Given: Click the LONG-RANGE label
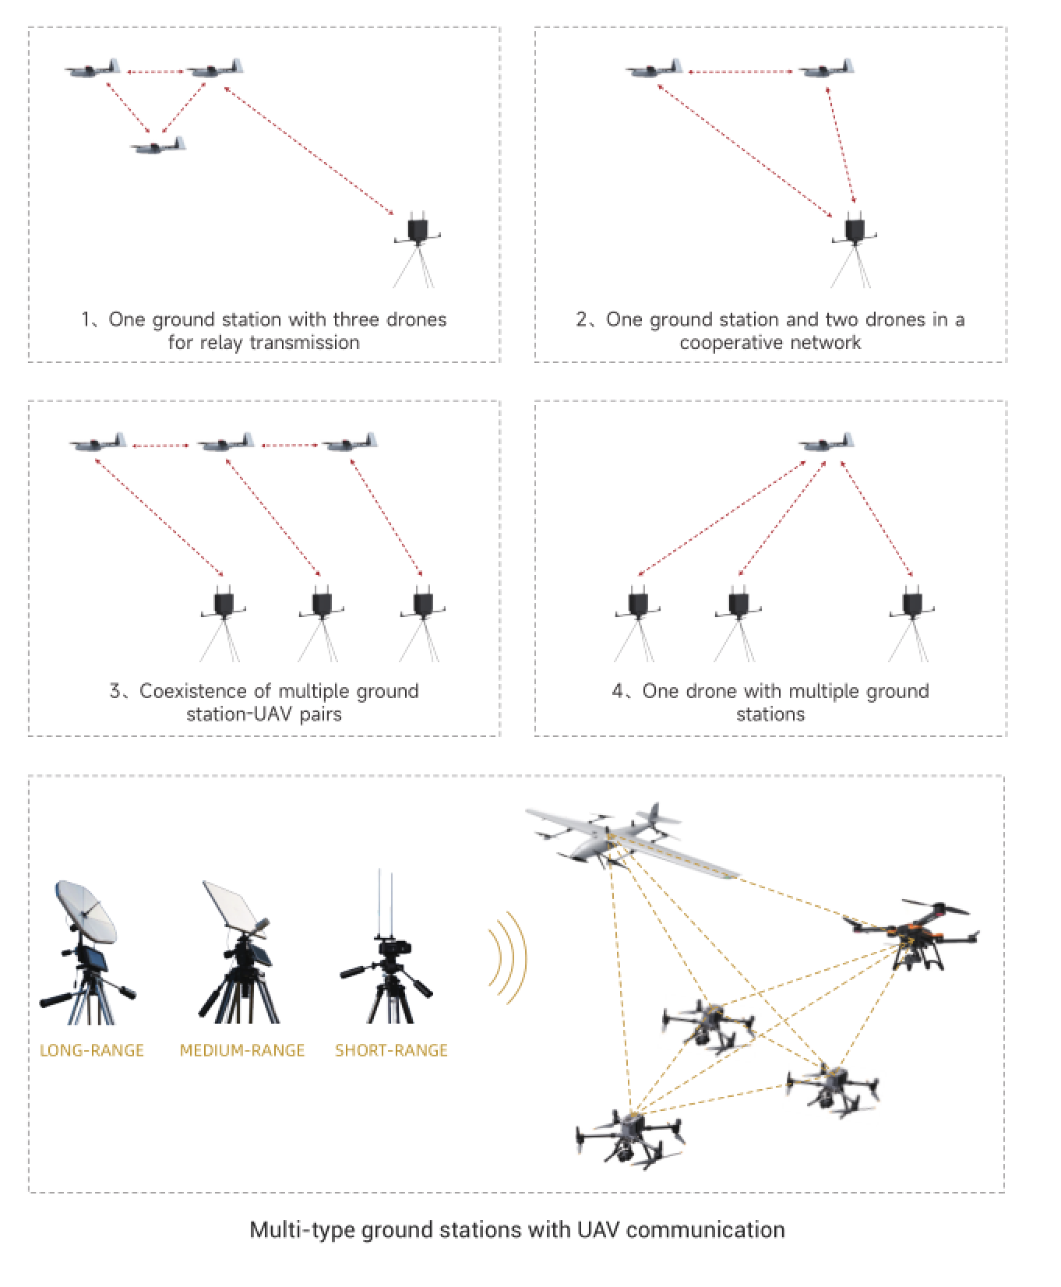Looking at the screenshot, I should pyautogui.click(x=92, y=1050).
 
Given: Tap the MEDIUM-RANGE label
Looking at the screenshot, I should pyautogui.click(x=241, y=1050).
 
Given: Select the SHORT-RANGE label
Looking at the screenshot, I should pyautogui.click(x=391, y=1050).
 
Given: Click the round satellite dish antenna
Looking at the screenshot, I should pyautogui.click(x=86, y=911).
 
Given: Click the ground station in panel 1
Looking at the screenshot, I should pyautogui.click(x=419, y=231).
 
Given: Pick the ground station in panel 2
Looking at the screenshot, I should pyautogui.click(x=855, y=231).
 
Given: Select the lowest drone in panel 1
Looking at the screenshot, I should pyautogui.click(x=158, y=146).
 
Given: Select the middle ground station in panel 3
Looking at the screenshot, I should pyautogui.click(x=321, y=605).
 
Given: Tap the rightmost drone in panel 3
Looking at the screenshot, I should pyautogui.click(x=351, y=443).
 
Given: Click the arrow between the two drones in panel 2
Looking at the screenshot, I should pyautogui.click(x=740, y=72).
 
